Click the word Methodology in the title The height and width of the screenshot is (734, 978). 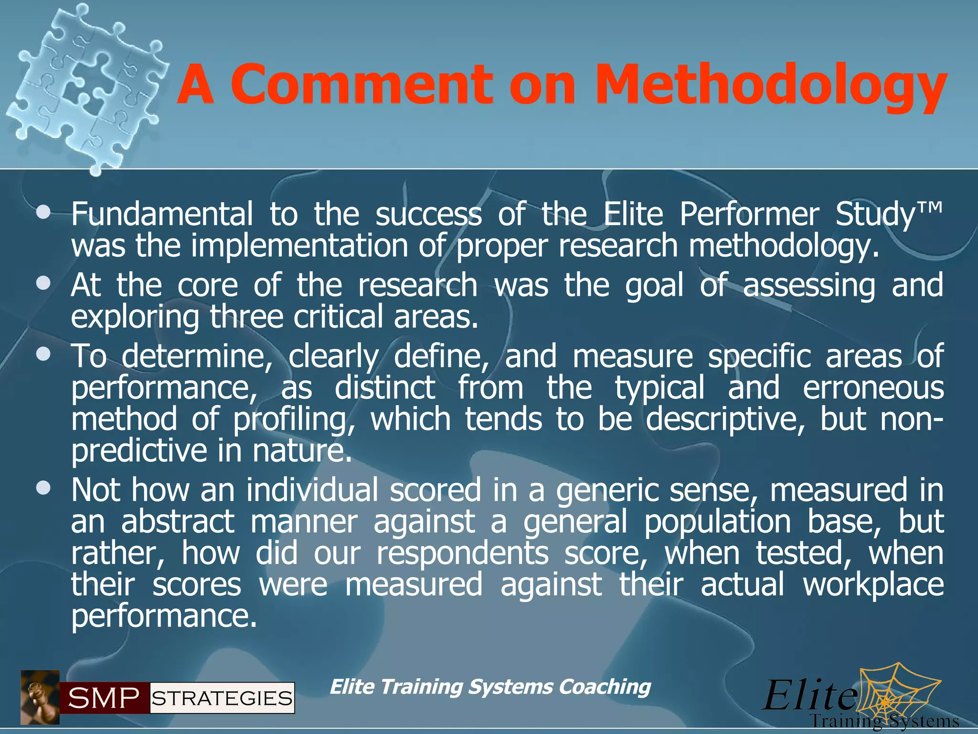coord(770,86)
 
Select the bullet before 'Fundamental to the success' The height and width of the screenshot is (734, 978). coord(43,212)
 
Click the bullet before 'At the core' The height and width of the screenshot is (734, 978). coord(43,283)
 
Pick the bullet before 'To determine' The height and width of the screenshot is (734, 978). coord(43,355)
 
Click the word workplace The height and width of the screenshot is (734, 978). coord(873,585)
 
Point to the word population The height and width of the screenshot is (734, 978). coord(718,522)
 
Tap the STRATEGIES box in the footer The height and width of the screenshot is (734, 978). coord(222,698)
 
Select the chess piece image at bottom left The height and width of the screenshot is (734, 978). coord(40,697)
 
